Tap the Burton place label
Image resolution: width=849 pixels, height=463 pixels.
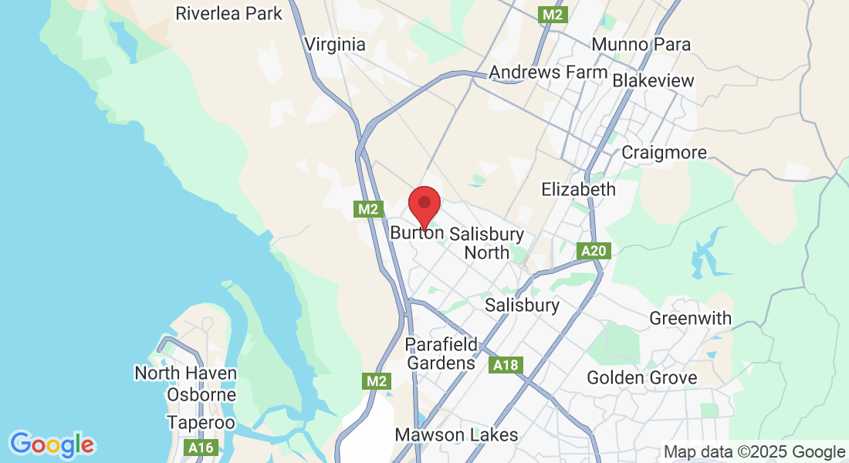417,232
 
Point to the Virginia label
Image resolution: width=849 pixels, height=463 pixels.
335,44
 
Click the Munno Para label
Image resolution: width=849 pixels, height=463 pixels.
641,44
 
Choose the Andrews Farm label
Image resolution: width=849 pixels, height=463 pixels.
549,73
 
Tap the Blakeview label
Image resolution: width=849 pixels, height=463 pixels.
653,81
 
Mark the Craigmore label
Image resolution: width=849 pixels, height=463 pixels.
664,153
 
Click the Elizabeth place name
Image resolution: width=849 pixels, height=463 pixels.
579,189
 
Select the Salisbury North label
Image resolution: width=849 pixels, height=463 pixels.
486,243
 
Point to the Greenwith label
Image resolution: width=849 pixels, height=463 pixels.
691,318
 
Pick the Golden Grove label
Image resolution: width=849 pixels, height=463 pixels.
642,378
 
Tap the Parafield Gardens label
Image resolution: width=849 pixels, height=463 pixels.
441,353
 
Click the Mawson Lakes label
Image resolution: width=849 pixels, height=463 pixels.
456,435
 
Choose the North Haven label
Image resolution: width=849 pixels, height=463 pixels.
185,373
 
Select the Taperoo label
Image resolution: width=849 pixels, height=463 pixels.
201,423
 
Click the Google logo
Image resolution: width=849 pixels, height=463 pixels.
52,444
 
